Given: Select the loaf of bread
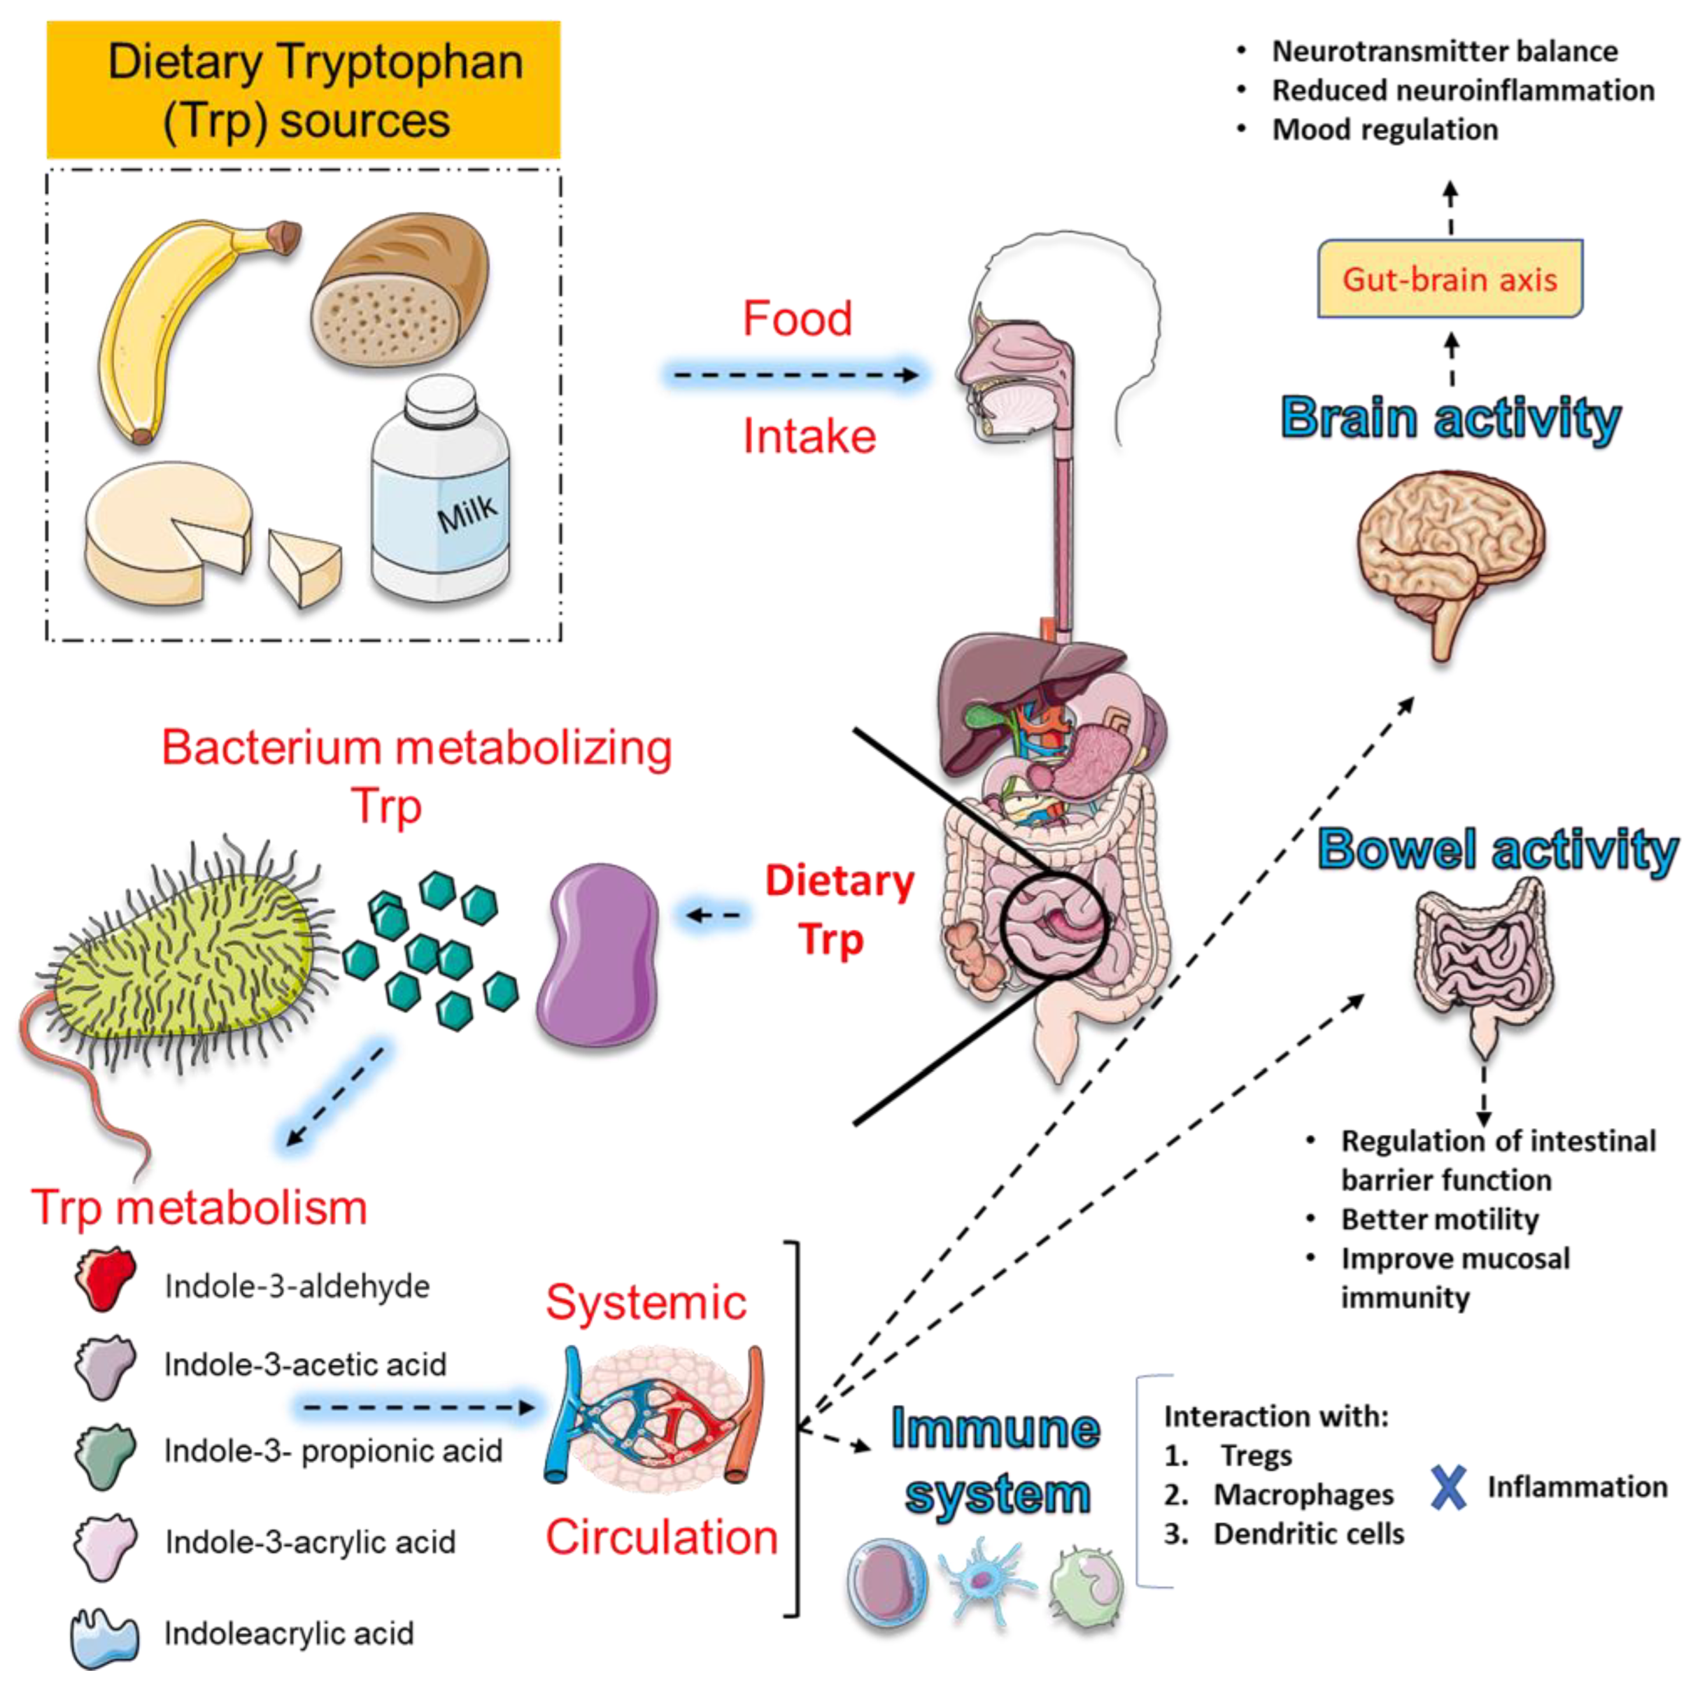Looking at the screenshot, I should coord(401,290).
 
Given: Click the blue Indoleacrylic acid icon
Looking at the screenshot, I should coord(104,1637).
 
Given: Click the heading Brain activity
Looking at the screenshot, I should coord(1450,419).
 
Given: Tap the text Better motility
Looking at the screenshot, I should coord(1440,1220).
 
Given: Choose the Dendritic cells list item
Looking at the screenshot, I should coord(1308,1534).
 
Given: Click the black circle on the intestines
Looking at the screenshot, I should coord(1054,926).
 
